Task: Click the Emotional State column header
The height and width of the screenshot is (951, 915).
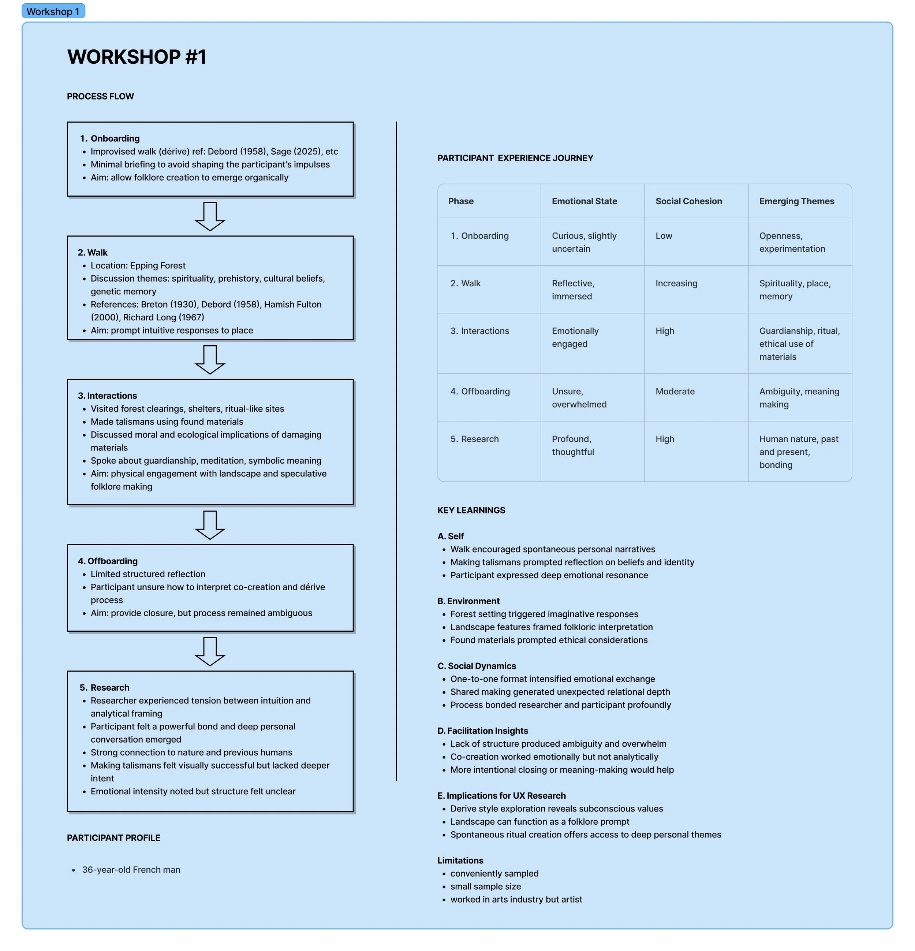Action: pos(584,201)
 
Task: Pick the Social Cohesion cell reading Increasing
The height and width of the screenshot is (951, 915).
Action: pos(676,283)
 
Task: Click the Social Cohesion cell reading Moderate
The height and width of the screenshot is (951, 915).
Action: pos(675,391)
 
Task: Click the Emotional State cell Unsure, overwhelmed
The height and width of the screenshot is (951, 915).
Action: pos(579,398)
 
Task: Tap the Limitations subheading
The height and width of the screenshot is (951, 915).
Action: pos(460,860)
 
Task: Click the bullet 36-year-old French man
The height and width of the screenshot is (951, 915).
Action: pos(131,869)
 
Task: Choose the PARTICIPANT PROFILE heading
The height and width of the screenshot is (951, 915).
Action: pos(113,837)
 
